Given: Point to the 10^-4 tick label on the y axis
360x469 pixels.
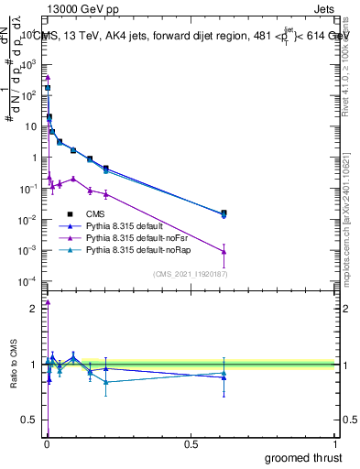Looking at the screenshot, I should pos(26,281).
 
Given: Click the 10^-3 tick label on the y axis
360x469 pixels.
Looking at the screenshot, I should pos(26,250).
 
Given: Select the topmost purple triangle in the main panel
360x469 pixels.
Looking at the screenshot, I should pos(48,78).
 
